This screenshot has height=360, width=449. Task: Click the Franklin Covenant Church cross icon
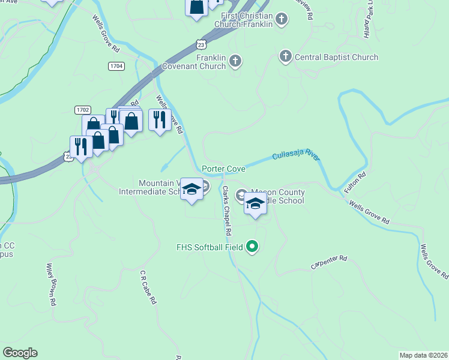point(235,61)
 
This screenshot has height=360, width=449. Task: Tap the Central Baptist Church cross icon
point(285,57)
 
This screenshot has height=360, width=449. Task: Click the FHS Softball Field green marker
point(252,247)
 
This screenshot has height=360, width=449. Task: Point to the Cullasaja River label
point(295,155)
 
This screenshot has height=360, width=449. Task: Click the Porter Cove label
point(223,170)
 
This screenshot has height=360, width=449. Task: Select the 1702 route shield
point(83,110)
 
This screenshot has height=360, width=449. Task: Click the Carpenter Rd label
point(329,262)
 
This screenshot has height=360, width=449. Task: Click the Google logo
point(20,353)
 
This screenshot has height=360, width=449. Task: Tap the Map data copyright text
point(424,355)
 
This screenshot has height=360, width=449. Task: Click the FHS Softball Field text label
point(209,247)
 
